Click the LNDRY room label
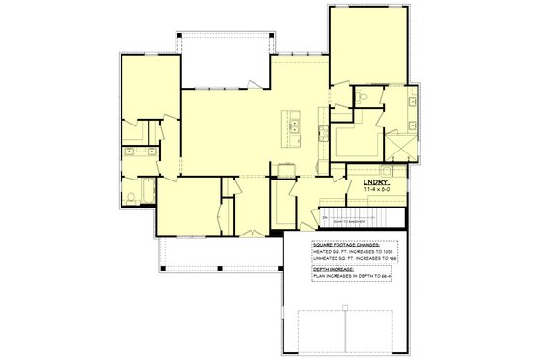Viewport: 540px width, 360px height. pyautogui.click(x=375, y=181)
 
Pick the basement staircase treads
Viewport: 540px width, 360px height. pyautogui.click(x=358, y=217)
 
